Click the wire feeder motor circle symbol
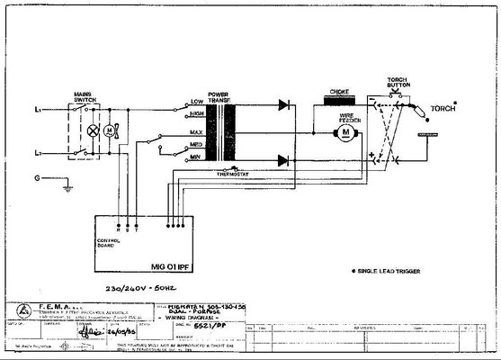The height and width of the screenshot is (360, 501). [344, 135]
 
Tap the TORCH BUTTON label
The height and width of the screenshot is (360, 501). [399, 84]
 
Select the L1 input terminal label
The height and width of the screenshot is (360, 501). [37, 109]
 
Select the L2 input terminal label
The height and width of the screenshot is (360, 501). [37, 153]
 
